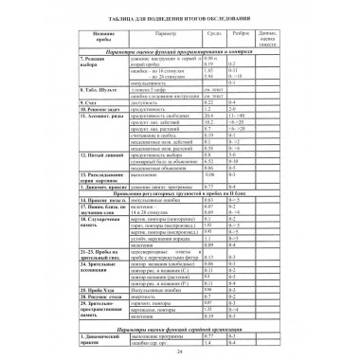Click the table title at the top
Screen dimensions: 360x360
click(x=179, y=21)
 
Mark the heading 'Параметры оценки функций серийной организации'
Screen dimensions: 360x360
click(x=179, y=326)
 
